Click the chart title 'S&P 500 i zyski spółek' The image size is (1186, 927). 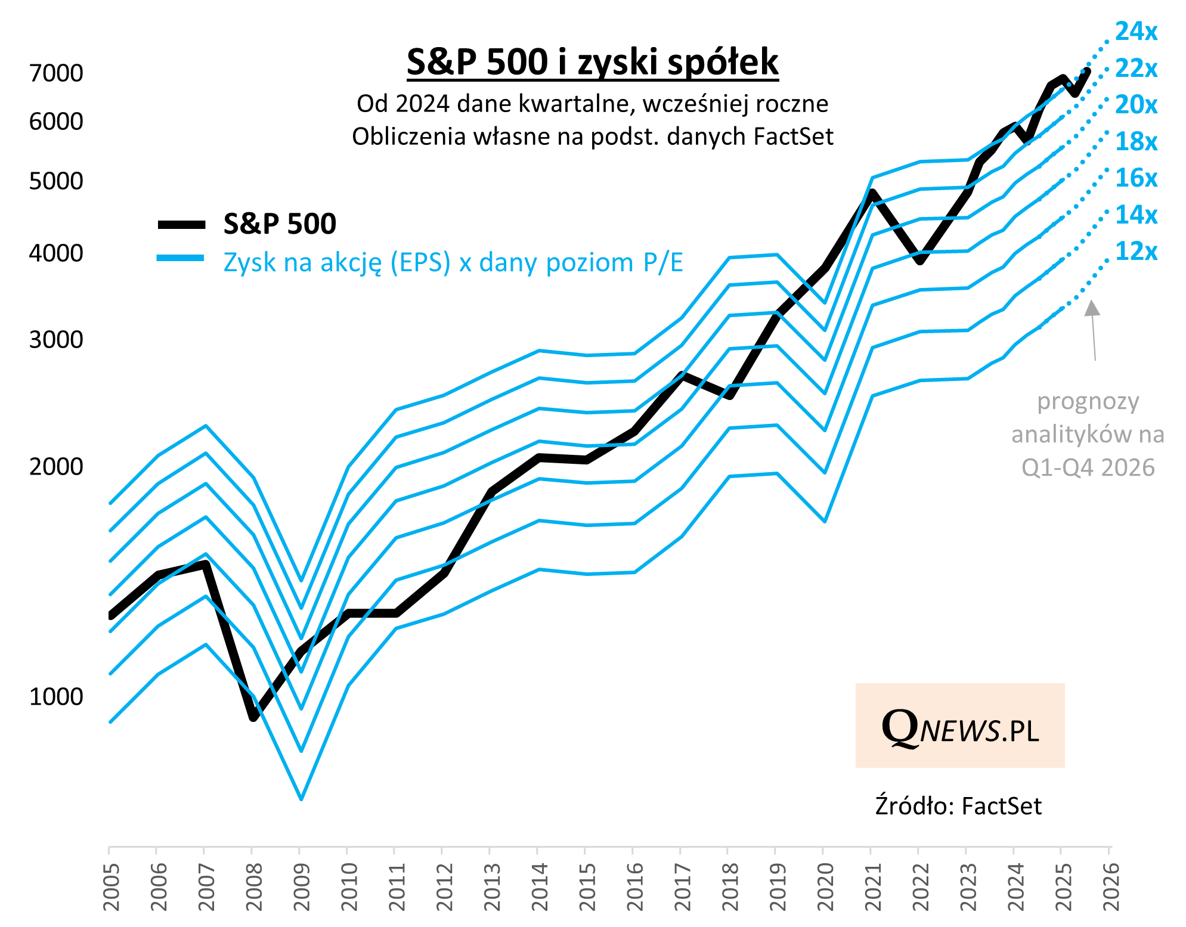(x=593, y=62)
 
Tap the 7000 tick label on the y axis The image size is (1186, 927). (x=56, y=73)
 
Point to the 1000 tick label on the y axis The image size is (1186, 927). (x=56, y=696)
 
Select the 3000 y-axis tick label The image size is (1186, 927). (x=56, y=340)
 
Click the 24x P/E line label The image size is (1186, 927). (x=1136, y=31)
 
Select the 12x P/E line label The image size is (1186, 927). (x=1136, y=251)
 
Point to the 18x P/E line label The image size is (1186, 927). (x=1136, y=141)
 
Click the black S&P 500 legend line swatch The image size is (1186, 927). (x=182, y=225)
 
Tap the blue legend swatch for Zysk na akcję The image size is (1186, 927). (x=181, y=258)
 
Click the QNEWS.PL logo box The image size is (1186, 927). (x=960, y=725)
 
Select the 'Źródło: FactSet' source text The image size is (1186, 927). (x=958, y=806)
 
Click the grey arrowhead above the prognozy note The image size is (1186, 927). (x=1092, y=308)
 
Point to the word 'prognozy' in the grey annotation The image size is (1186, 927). (x=1088, y=401)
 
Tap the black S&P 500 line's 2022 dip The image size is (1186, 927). (x=921, y=260)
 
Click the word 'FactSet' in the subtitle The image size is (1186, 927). (x=793, y=137)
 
